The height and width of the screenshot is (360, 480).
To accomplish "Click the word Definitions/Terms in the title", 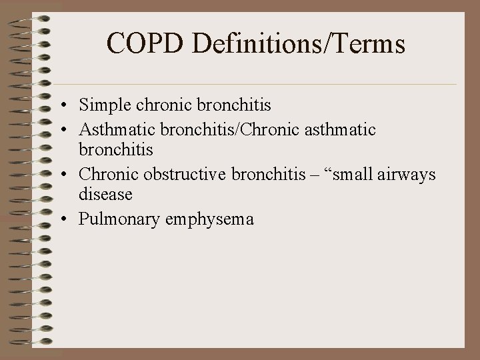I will tap(298, 45).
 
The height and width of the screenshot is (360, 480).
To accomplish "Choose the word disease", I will tap(105, 195).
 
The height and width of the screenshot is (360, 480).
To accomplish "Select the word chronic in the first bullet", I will tap(161, 105).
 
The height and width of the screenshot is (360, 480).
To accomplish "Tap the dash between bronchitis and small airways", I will tap(312, 175).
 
